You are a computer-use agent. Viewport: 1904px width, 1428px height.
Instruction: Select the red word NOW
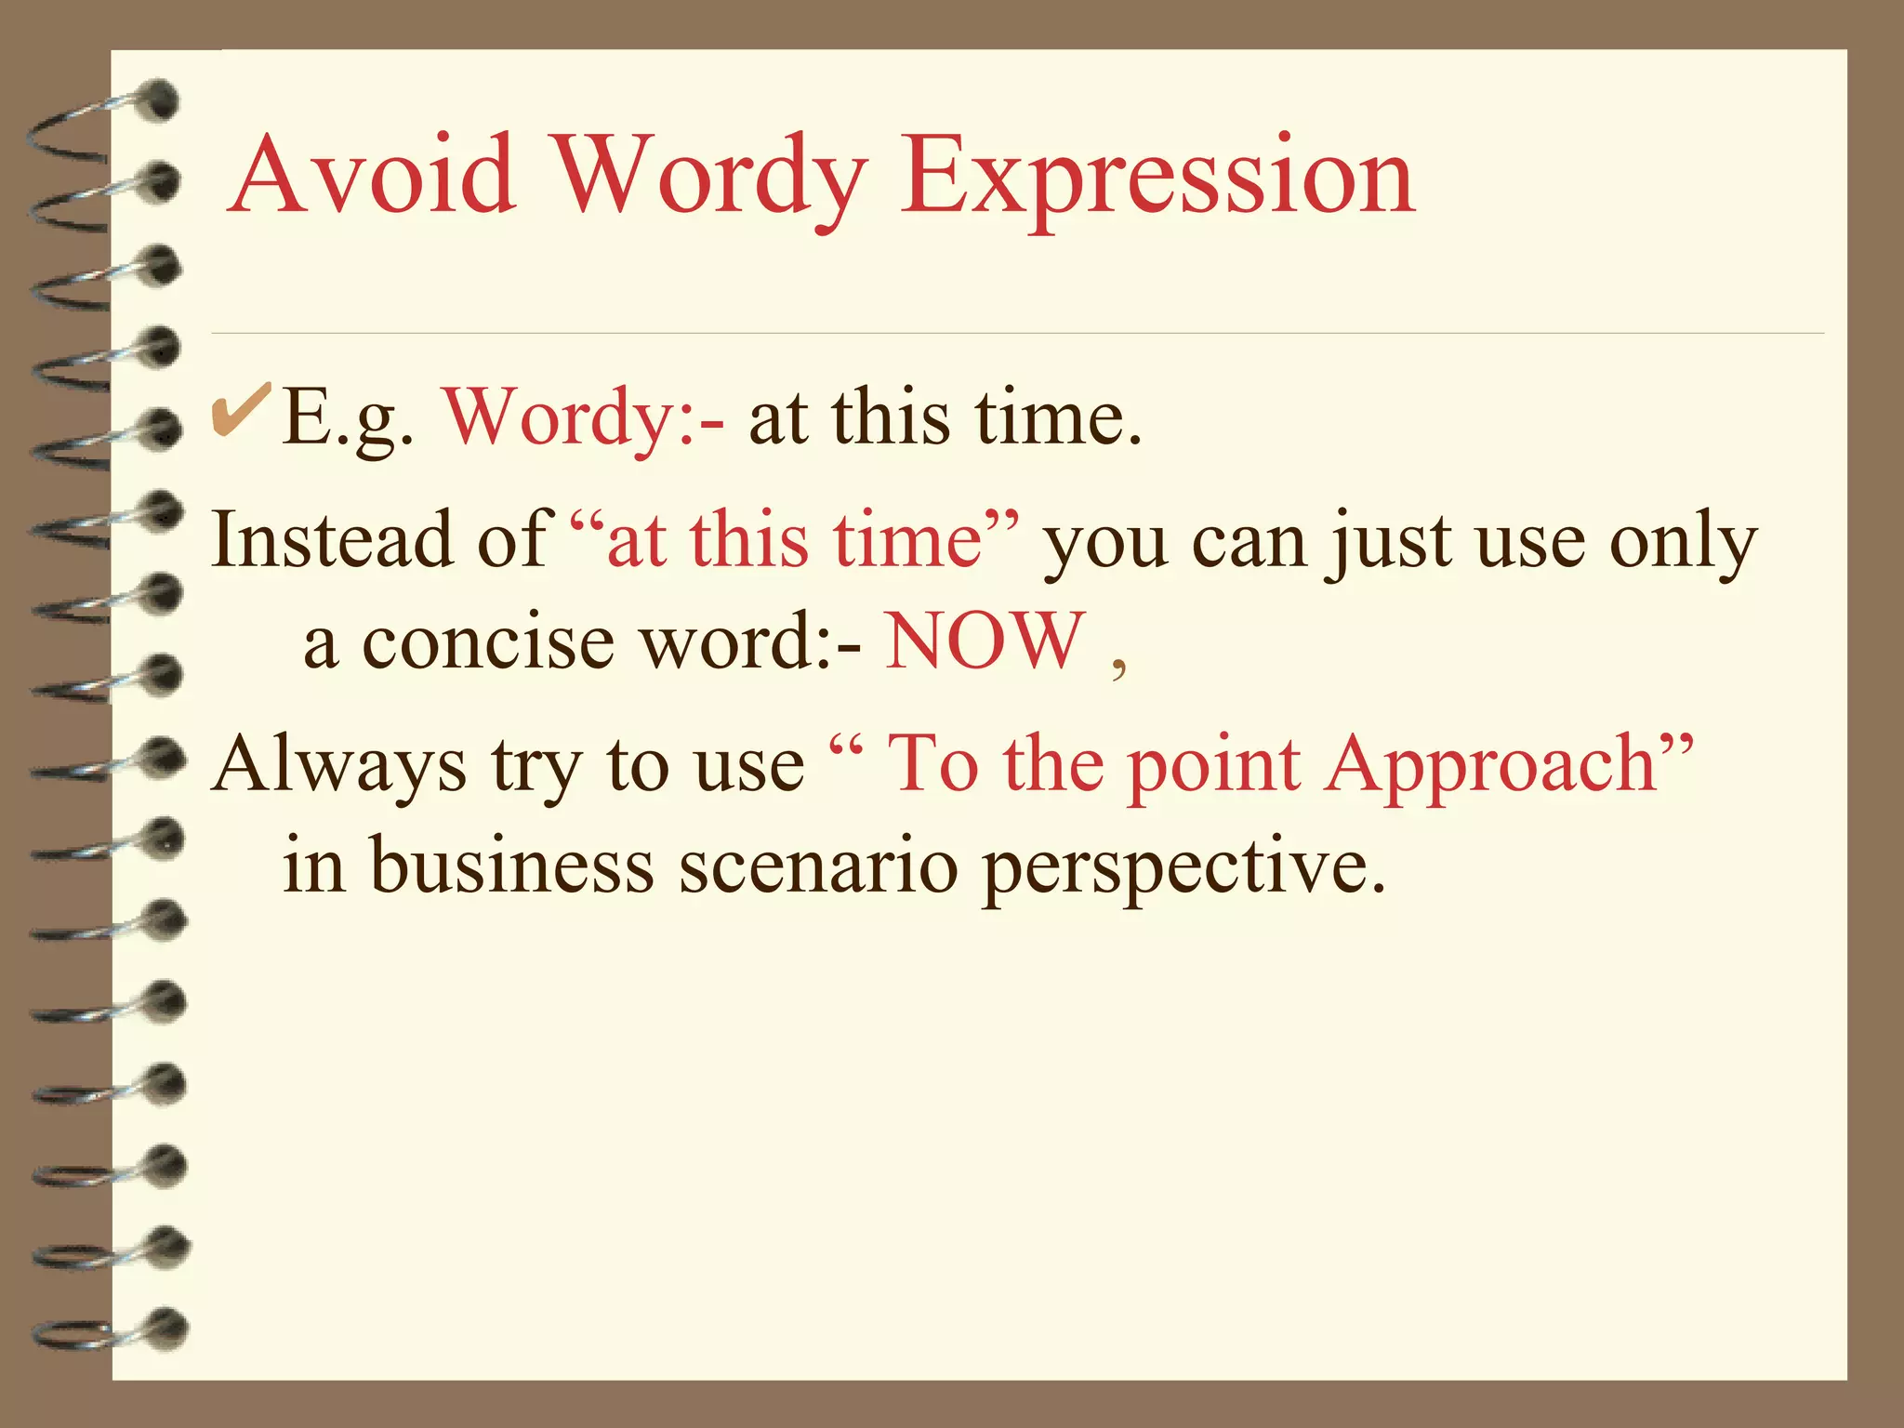click(x=985, y=641)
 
